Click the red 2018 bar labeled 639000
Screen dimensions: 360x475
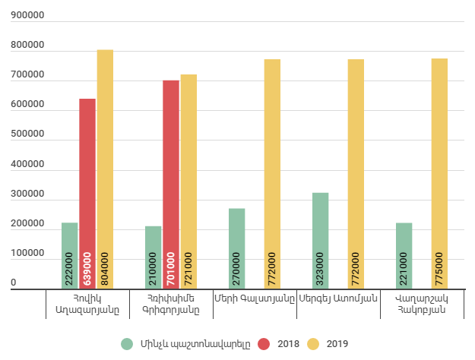click(x=87, y=194)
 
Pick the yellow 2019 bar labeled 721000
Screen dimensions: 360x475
click(x=188, y=182)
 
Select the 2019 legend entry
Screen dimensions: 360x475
click(x=328, y=344)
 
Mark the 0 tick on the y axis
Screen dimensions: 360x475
click(x=14, y=283)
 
